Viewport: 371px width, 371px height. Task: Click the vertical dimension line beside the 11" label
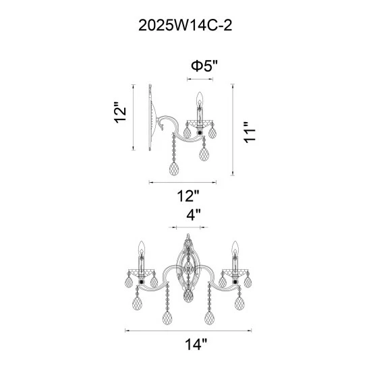point(233,132)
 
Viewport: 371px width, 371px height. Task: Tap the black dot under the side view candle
point(199,133)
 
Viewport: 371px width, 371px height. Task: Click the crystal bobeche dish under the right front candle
point(235,273)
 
